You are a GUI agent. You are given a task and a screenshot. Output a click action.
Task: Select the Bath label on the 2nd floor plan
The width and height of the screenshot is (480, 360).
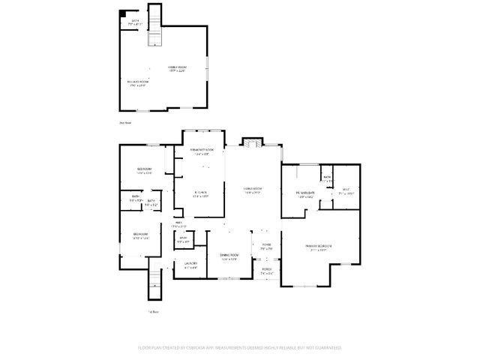tap(136, 22)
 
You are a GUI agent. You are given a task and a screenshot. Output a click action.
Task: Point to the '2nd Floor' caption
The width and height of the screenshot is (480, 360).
tap(125, 122)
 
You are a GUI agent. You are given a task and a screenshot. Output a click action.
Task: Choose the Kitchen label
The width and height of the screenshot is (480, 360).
tap(200, 194)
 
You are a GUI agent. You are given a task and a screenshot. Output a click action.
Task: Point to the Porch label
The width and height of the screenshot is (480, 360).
tap(266, 272)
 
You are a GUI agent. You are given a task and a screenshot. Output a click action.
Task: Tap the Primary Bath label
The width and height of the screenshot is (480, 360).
tap(306, 194)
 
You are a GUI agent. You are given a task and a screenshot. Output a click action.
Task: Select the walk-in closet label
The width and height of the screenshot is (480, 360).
tap(346, 191)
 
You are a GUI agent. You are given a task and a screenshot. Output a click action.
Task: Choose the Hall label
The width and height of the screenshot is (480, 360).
tap(179, 223)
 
